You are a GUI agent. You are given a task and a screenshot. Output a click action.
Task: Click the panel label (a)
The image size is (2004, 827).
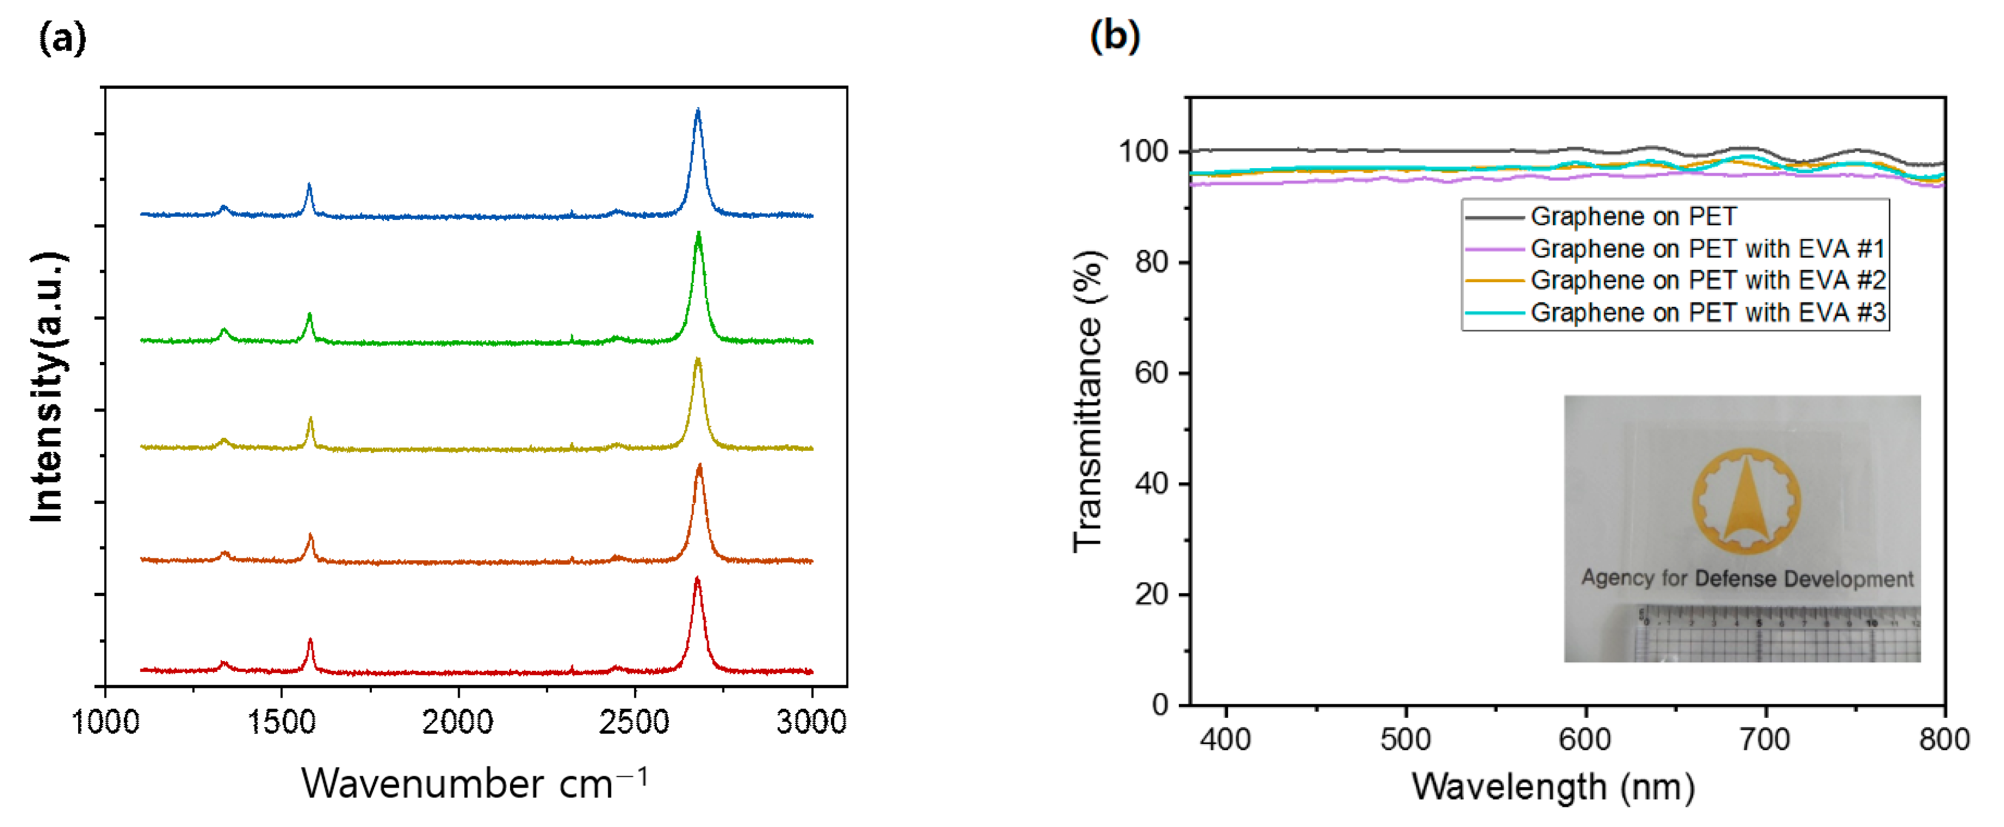coord(62,37)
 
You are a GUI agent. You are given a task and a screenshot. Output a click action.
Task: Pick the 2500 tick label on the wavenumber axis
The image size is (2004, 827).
coord(634,722)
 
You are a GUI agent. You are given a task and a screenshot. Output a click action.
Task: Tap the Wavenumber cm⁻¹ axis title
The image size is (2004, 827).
coord(474,783)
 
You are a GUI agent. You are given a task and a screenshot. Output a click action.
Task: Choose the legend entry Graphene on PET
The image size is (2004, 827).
coord(1632,216)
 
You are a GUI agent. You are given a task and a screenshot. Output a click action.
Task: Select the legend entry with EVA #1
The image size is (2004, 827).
coord(1707,249)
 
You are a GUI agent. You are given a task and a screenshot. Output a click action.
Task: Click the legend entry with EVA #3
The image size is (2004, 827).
coord(1707,313)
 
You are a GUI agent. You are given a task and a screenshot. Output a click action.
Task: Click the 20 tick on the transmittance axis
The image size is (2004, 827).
coord(1152,594)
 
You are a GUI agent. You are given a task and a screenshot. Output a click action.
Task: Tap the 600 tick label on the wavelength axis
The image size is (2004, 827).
coord(1585,739)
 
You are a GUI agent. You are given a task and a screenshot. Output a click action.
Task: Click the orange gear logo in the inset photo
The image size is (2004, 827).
coord(1746,500)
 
